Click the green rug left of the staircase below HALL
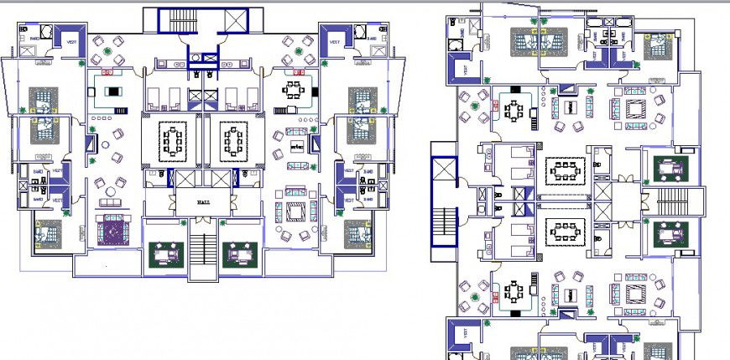coord(165,253)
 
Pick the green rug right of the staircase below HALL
coord(238,253)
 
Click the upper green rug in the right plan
coord(670,167)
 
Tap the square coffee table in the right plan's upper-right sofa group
coord(634,109)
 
